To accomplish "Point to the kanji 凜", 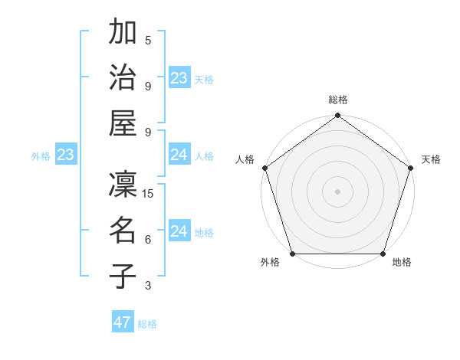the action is click(123, 185).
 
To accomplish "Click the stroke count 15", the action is click(149, 194).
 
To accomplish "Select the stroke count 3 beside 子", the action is click(148, 286).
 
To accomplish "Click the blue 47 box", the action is click(123, 322).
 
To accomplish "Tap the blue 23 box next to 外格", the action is click(66, 155).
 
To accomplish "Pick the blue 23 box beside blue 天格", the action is click(179, 78).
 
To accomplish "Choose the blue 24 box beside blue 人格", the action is click(179, 155).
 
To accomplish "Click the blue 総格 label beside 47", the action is click(148, 324).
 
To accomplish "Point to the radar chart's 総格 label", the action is click(337, 100).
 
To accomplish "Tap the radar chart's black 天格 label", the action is click(431, 159).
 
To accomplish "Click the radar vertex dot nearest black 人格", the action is click(265, 168).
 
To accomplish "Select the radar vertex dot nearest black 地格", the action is click(383, 254).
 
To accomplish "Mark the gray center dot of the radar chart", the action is click(337, 191).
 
